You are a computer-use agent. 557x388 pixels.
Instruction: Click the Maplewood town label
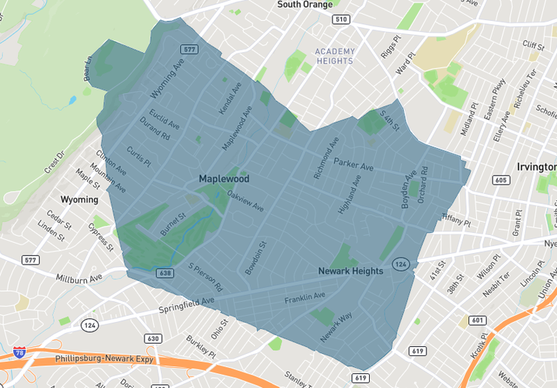point(224,178)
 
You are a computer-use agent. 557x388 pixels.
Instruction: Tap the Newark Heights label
point(350,271)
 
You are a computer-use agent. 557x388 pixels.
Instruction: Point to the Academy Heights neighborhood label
point(335,56)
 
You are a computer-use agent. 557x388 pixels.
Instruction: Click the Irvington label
point(537,167)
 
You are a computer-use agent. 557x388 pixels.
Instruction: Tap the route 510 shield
point(339,19)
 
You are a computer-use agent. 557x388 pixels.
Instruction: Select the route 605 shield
point(501,180)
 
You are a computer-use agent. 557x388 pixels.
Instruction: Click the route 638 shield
point(164,272)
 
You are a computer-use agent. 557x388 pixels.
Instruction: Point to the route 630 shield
point(153,338)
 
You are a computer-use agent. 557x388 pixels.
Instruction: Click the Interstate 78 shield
point(19,353)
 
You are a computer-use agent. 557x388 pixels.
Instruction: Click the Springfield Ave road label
point(186,300)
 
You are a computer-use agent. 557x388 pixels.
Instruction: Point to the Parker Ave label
point(353,165)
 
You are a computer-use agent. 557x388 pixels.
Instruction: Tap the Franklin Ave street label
point(305,298)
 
